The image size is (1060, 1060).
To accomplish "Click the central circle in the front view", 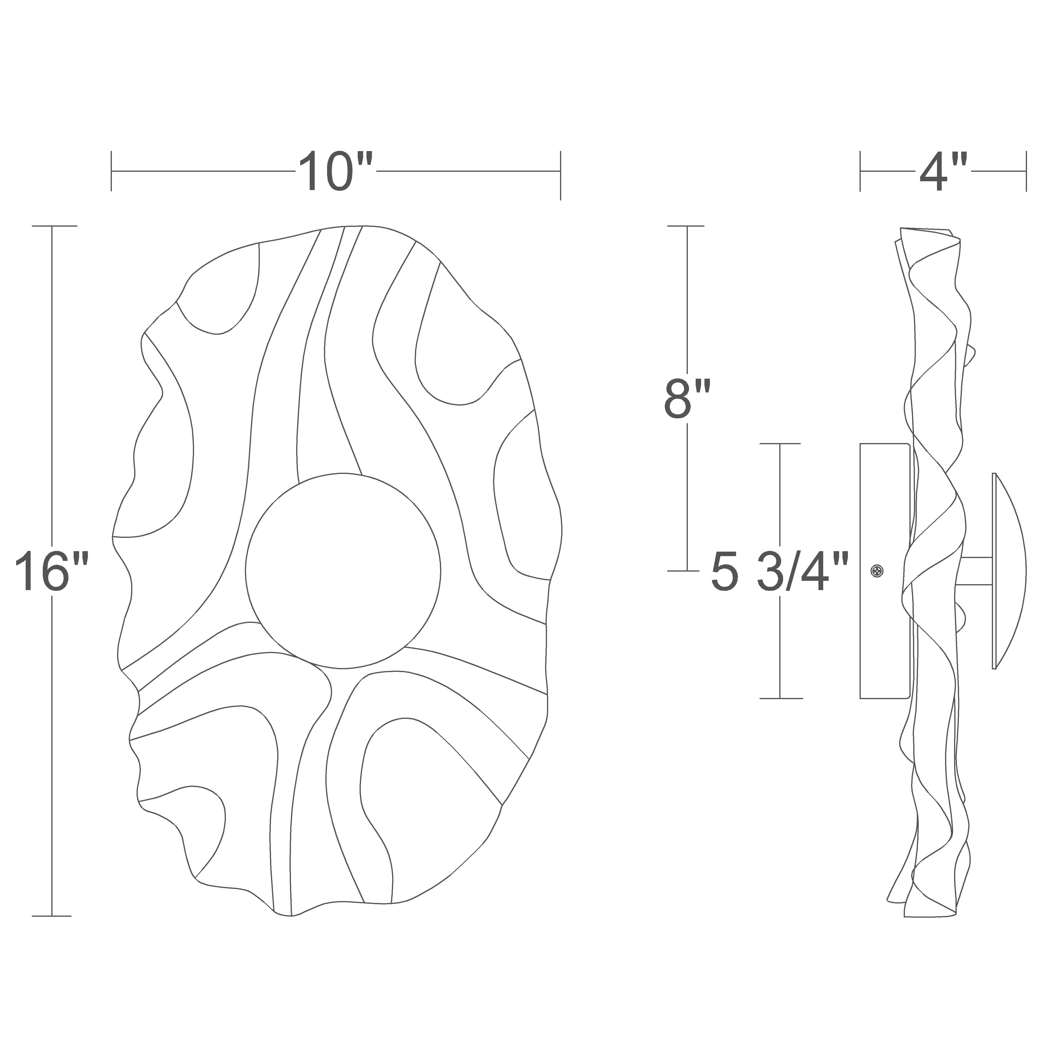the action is coord(343,571).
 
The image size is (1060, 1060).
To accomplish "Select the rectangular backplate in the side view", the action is coord(885,571).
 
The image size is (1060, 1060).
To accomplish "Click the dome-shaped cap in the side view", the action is coord(1009,571).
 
